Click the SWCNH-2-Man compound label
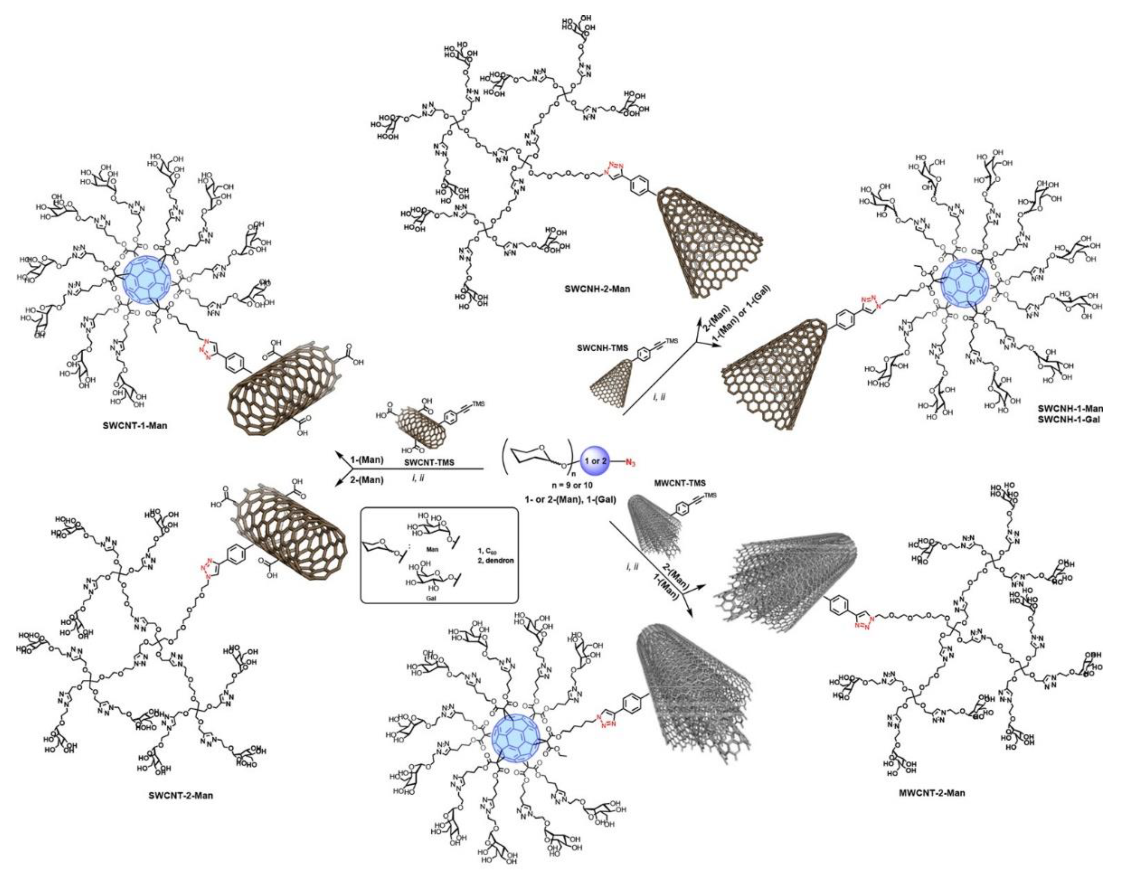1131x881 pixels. coord(597,289)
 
